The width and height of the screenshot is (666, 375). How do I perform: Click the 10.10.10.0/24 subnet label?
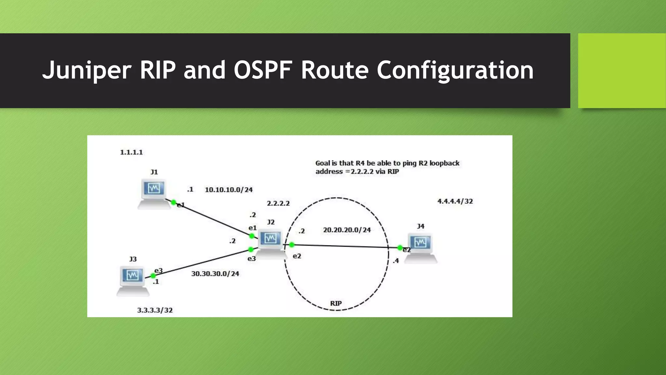click(x=229, y=190)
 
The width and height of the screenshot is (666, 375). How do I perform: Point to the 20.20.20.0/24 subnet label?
click(x=347, y=230)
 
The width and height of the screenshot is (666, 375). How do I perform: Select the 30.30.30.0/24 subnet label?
click(x=215, y=274)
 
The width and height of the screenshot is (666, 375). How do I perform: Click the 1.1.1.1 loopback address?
click(x=131, y=152)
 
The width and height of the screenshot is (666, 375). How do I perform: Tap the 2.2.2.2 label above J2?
click(x=278, y=203)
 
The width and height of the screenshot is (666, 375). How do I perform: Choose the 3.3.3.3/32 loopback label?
click(x=155, y=310)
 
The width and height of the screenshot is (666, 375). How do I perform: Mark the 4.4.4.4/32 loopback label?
click(x=455, y=201)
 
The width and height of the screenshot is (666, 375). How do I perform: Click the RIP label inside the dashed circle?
click(x=336, y=303)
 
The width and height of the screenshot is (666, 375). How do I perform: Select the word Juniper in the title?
click(x=87, y=71)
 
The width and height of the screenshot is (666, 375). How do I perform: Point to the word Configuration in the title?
click(x=455, y=71)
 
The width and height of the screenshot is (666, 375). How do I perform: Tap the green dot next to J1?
click(x=174, y=202)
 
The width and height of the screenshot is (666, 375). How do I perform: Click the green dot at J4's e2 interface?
click(x=400, y=248)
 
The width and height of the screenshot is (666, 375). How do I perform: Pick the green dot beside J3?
click(x=153, y=276)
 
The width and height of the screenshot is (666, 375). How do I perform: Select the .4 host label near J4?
click(x=395, y=261)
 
